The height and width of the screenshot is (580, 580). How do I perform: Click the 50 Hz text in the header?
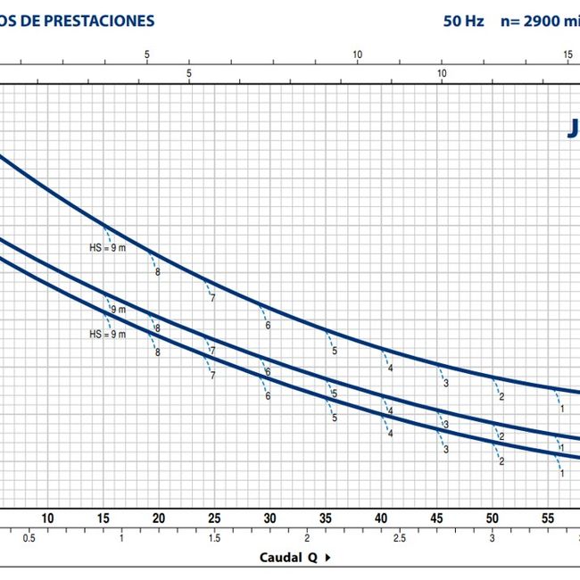click(x=463, y=21)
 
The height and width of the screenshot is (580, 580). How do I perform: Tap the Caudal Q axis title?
click(x=289, y=558)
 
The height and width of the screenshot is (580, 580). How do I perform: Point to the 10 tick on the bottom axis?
click(x=48, y=518)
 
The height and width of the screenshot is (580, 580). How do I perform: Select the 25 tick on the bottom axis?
click(x=213, y=518)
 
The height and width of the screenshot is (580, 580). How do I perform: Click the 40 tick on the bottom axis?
click(x=381, y=518)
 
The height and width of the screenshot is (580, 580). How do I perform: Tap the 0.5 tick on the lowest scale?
click(x=29, y=538)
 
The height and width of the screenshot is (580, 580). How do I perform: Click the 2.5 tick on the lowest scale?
click(x=399, y=538)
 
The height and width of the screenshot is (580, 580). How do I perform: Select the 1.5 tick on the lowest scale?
click(x=214, y=538)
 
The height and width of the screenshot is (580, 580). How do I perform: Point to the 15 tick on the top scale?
click(x=568, y=55)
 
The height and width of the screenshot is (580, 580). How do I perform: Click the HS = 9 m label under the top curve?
click(x=108, y=248)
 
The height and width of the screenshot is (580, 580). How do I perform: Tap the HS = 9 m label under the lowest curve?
click(x=108, y=335)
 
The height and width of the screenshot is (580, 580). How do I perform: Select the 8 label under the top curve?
click(x=157, y=271)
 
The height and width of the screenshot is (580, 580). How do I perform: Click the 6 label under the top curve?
click(x=268, y=326)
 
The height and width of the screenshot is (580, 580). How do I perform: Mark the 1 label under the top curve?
click(x=562, y=408)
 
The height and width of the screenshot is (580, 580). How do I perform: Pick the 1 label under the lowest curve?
click(x=562, y=474)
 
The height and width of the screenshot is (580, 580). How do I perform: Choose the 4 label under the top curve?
click(x=390, y=369)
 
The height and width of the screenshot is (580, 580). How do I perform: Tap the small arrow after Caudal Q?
click(x=327, y=558)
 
